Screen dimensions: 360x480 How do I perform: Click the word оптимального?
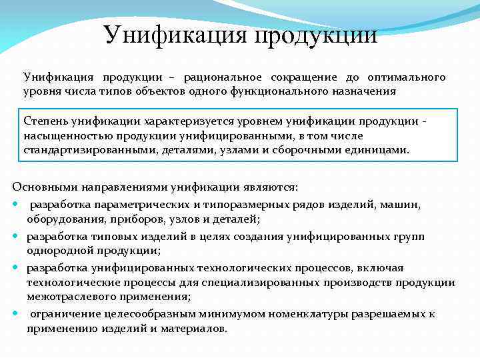click(405, 77)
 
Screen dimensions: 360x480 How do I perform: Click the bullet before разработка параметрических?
click(16, 203)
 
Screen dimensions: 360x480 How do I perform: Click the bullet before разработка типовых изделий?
click(16, 237)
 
